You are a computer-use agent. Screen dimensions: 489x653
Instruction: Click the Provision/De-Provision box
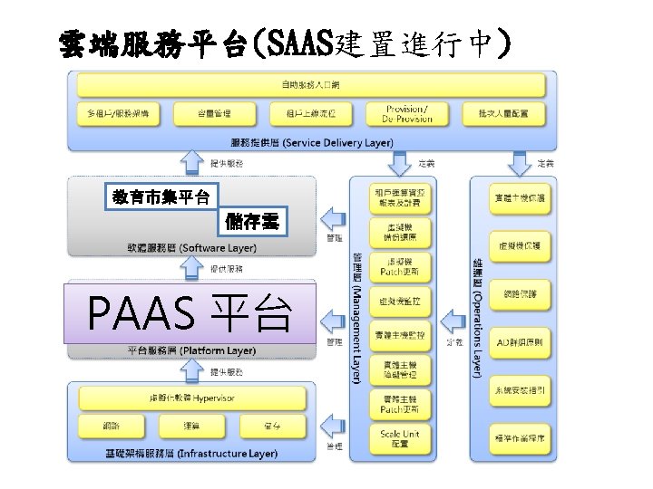tap(404, 113)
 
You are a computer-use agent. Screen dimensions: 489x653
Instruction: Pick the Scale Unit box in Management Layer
tap(401, 438)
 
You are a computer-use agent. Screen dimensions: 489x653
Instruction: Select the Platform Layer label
tap(192, 350)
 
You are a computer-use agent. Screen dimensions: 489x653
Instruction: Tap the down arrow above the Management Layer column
tap(399, 164)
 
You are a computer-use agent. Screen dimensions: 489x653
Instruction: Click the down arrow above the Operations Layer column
tap(519, 164)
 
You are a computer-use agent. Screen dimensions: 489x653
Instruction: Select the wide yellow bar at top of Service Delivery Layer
tap(311, 85)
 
